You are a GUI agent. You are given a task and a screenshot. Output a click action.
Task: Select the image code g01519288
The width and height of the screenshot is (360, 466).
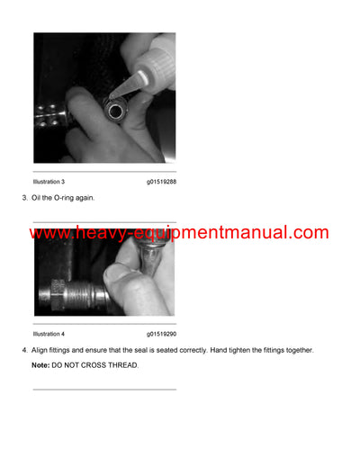[x=161, y=182]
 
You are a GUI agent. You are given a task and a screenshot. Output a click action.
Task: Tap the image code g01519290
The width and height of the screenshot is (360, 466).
[x=161, y=334]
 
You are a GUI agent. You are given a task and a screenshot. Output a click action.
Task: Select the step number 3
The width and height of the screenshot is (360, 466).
[x=24, y=197]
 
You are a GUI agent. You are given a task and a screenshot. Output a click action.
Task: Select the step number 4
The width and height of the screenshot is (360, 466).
[x=24, y=350]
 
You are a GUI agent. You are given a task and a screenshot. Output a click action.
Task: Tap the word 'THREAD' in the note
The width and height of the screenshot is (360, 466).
[x=122, y=365]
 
